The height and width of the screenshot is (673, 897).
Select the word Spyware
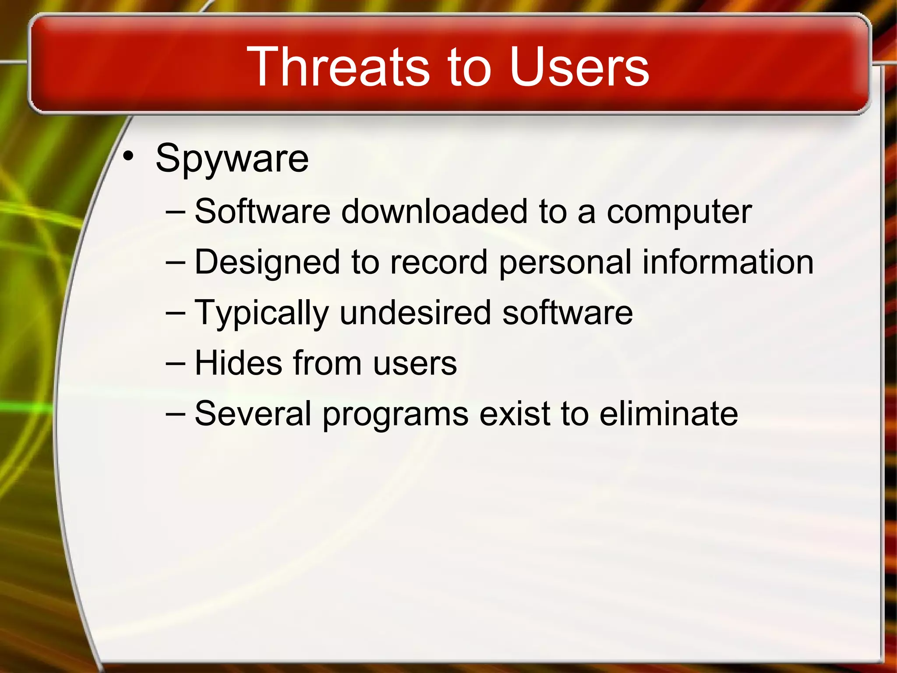232,159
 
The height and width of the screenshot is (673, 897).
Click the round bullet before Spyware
127,156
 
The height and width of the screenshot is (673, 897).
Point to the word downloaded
434,212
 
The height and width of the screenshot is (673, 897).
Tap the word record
438,262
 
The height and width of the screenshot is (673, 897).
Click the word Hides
238,363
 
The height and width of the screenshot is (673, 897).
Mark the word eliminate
668,414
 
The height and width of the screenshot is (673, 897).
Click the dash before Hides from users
176,364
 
